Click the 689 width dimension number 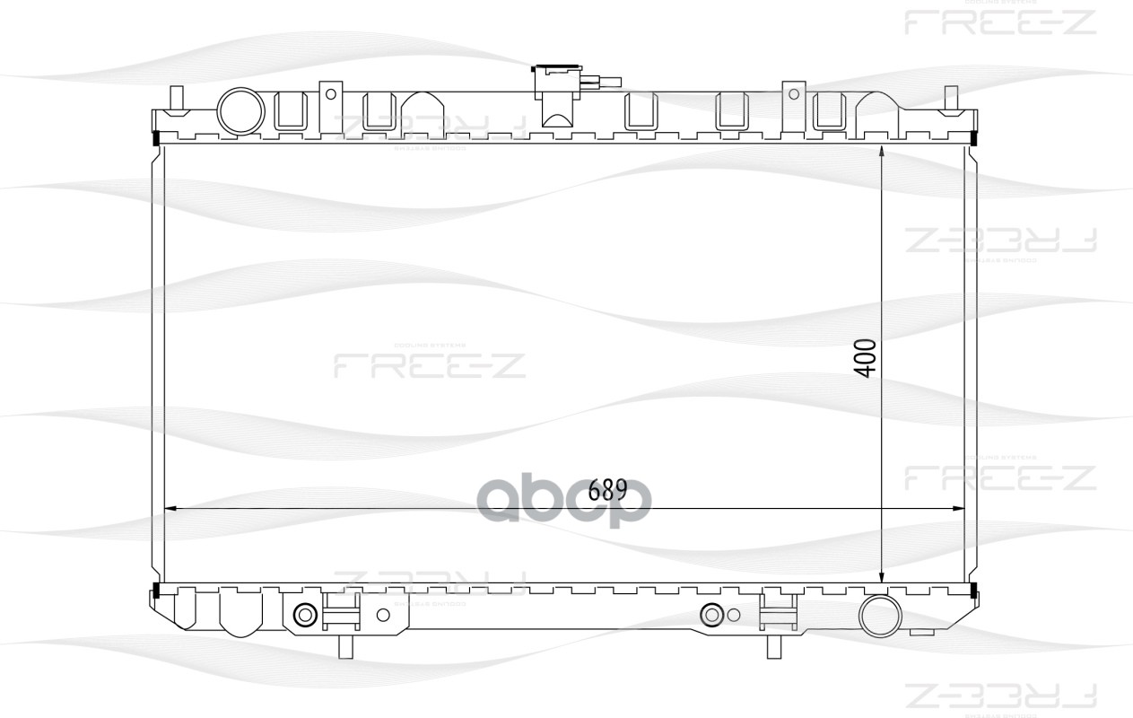tap(607, 490)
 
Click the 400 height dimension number tap(865, 358)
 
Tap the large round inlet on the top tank tap(240, 111)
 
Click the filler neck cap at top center tap(558, 81)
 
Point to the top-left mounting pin tap(177, 98)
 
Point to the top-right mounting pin tap(952, 98)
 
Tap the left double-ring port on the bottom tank tap(305, 615)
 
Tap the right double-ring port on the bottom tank tap(714, 615)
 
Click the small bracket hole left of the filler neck tap(331, 93)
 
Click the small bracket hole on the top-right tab tap(793, 93)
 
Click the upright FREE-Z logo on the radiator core tap(430, 364)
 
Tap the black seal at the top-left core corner tap(157, 139)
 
